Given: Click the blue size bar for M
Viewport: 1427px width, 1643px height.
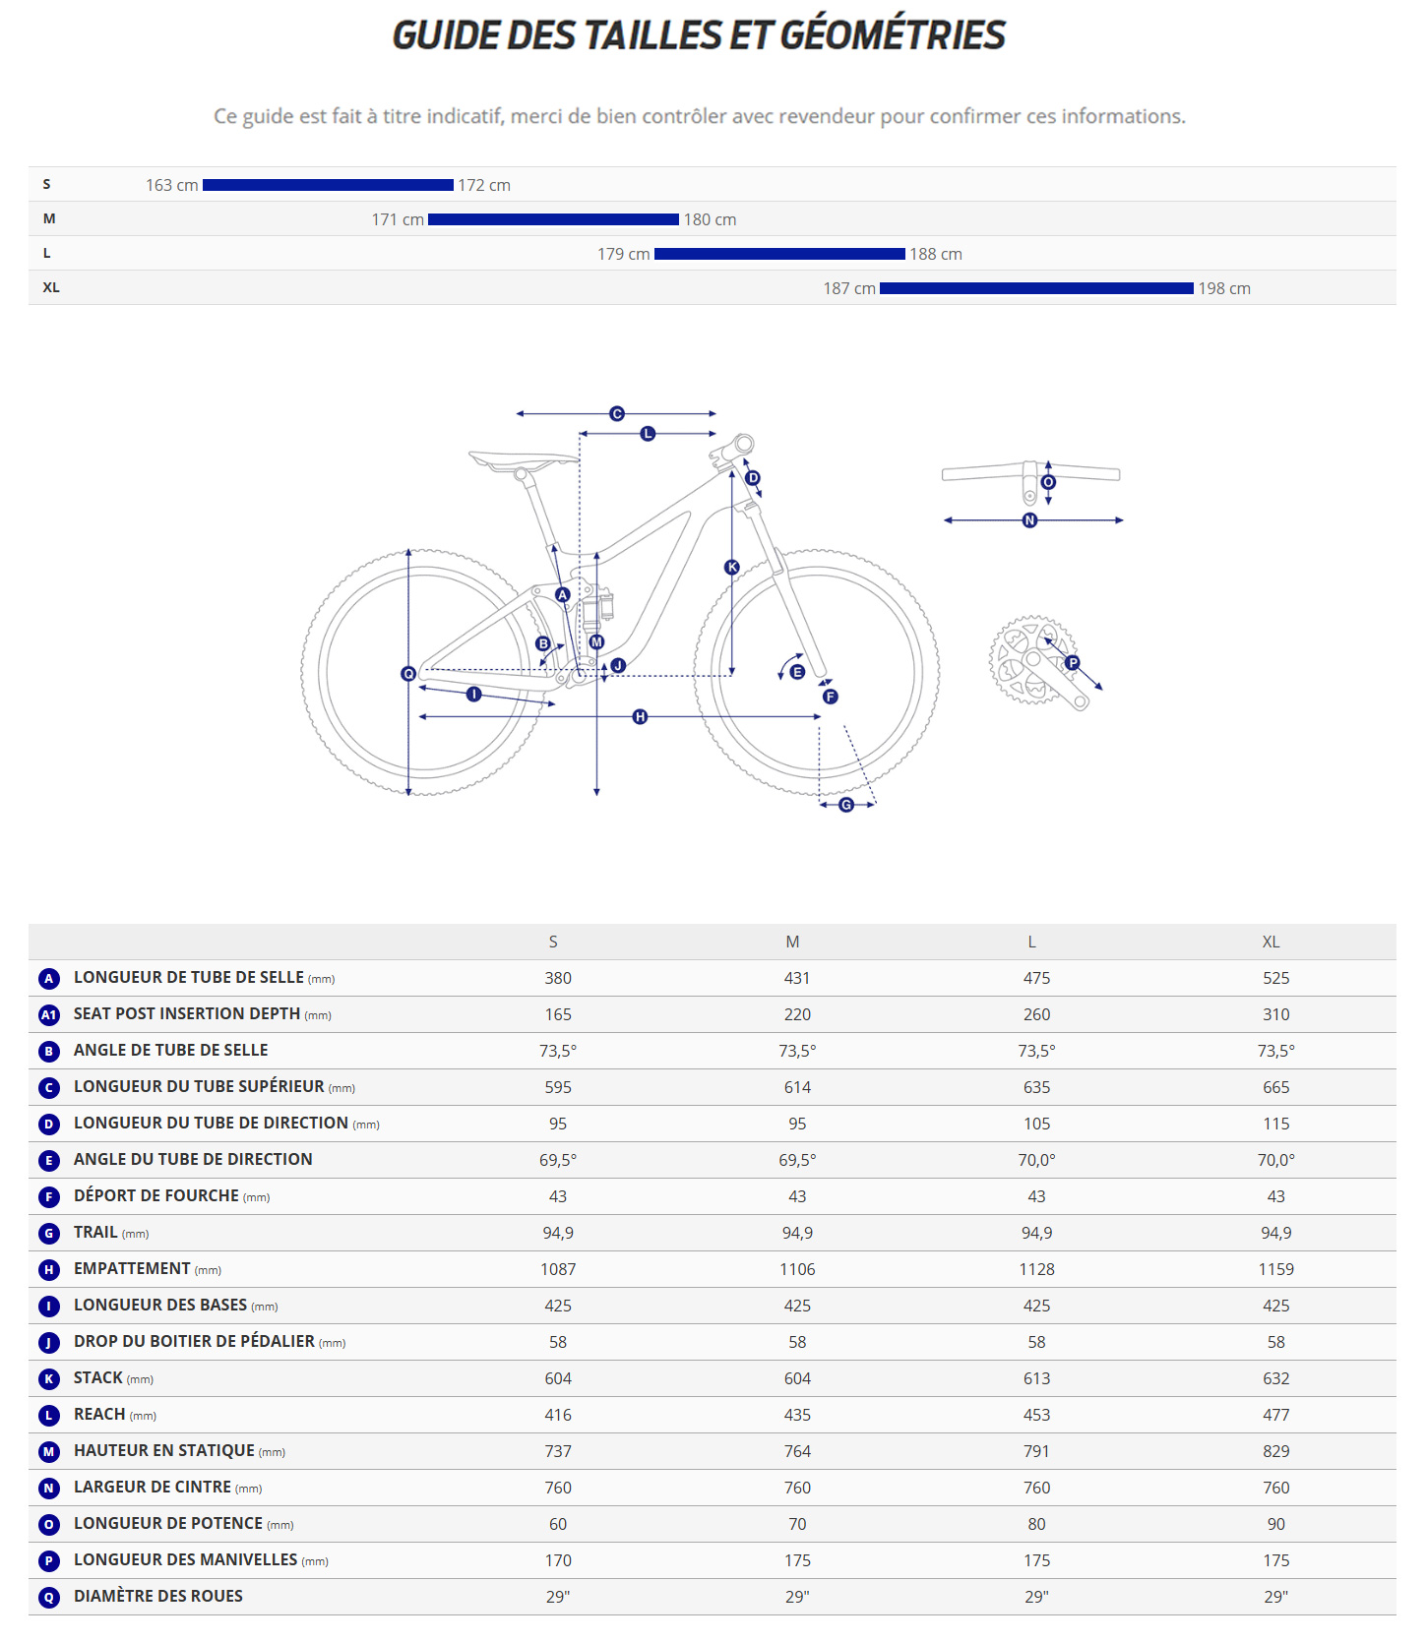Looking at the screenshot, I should tap(553, 219).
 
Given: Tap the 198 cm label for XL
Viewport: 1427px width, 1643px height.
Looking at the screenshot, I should tap(1224, 288).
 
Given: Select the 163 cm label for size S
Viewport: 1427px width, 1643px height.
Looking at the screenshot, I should tap(172, 185).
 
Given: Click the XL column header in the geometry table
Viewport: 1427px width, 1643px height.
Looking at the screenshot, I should tap(1271, 942).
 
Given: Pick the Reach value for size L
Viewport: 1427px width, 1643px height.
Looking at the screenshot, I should tap(1036, 1415).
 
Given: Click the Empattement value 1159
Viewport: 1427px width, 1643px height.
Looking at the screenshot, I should tap(1275, 1269).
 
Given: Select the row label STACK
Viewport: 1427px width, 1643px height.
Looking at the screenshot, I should tap(98, 1378).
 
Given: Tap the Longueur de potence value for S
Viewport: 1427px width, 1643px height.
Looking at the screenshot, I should tap(558, 1524).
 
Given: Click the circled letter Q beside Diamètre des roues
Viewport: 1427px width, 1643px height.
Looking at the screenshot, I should tap(49, 1597).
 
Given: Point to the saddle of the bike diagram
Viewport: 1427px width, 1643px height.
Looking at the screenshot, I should tap(522, 459).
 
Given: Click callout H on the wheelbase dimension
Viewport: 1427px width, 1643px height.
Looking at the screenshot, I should tap(640, 716).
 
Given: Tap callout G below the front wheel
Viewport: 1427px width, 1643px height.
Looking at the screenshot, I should tap(846, 805).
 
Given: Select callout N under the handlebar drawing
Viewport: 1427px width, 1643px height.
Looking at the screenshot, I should tap(1029, 520).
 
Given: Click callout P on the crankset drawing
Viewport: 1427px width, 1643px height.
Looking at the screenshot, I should tap(1073, 663).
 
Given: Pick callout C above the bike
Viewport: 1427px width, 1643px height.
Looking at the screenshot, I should tap(617, 414).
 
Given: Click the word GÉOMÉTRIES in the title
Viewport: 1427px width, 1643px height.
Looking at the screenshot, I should tap(893, 36).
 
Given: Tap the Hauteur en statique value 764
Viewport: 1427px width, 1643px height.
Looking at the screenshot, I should tap(797, 1451).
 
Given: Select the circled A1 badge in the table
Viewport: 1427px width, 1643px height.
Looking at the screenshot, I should tap(49, 1014).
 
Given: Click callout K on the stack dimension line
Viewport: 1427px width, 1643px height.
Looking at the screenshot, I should tap(731, 567).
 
